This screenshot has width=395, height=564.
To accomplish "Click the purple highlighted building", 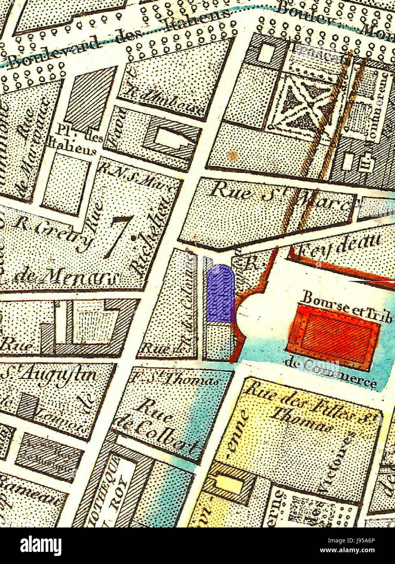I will tap(221, 293).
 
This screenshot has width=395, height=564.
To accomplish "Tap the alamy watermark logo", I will tap(41, 546).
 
